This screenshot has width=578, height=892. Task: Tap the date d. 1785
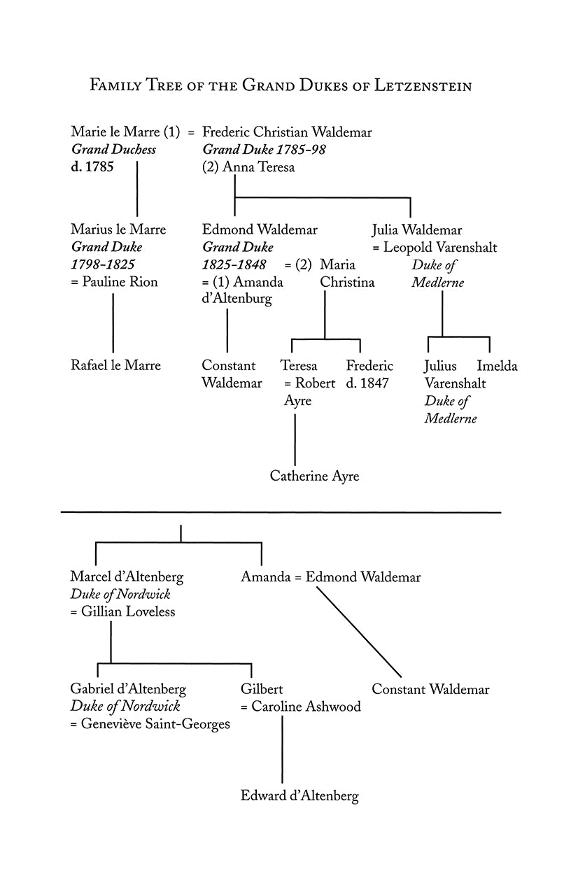pos(92,167)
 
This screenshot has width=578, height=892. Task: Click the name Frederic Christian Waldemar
pos(287,132)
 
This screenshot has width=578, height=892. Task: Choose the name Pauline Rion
pos(119,282)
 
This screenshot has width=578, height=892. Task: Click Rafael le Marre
pos(115,365)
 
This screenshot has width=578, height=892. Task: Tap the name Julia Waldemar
pos(416,229)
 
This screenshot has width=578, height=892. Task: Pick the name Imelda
pos(497,365)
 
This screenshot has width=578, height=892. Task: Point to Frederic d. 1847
pos(369,374)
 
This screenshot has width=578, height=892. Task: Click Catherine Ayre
pos(314,476)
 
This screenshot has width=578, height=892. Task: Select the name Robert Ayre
pos(309,392)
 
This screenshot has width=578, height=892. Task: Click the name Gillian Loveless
pos(127,612)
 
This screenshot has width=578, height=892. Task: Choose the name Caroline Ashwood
pos(306,707)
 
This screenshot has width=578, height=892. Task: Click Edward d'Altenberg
pos(299,795)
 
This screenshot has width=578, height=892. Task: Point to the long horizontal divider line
pos(281,513)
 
